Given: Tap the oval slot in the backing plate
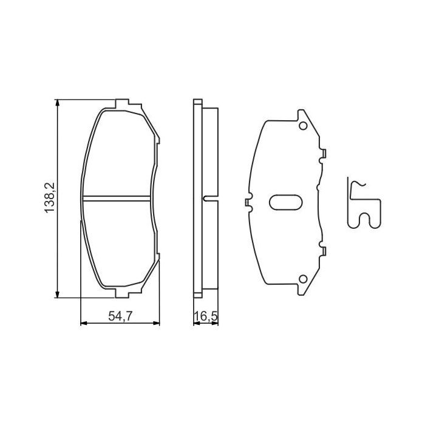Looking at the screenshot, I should (285, 202).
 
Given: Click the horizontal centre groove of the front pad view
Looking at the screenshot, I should (117, 198).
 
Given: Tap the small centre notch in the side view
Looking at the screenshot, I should (207, 199).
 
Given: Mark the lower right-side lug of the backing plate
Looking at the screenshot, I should (323, 250).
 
